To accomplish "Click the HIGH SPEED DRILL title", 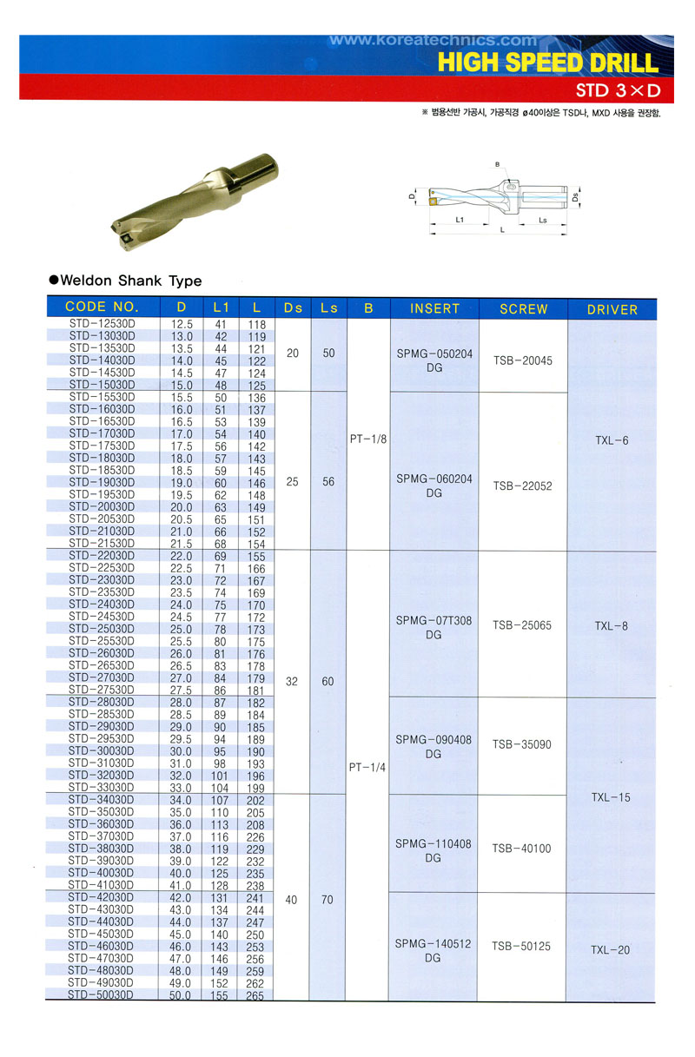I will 548,63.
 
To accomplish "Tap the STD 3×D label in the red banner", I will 619,90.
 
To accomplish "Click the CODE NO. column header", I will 102,307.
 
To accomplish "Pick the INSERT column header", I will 434,308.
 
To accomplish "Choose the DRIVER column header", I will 612,309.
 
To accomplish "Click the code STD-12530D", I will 101,324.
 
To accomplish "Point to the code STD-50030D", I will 101,995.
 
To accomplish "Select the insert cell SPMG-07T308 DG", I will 434,628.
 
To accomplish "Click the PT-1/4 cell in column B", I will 367,767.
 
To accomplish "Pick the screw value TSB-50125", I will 522,946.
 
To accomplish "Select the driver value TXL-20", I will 612,950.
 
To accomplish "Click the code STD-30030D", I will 101,750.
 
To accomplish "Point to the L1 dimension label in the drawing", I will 460,221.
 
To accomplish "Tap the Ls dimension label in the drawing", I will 542,221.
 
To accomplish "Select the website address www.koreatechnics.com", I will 434,40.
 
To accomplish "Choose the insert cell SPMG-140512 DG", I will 434,950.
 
